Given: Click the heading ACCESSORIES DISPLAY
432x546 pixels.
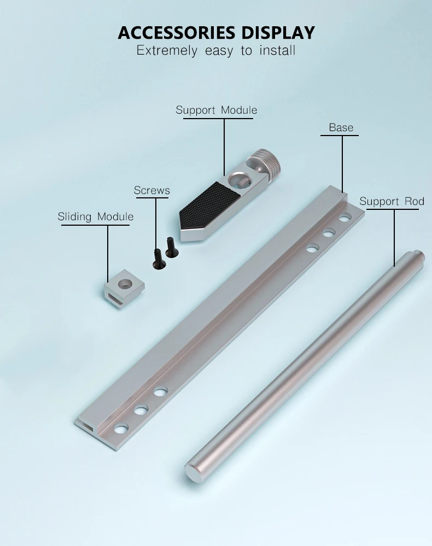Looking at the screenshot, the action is (x=216, y=33).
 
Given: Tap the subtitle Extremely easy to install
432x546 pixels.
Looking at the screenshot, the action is (x=216, y=50).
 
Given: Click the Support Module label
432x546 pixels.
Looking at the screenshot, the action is (x=217, y=110).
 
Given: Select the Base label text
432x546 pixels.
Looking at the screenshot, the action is (x=341, y=127).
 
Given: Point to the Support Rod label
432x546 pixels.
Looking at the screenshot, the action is (x=392, y=201).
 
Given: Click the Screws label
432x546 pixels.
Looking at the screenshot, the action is (x=152, y=191).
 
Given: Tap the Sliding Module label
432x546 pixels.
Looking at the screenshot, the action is (x=96, y=216).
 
